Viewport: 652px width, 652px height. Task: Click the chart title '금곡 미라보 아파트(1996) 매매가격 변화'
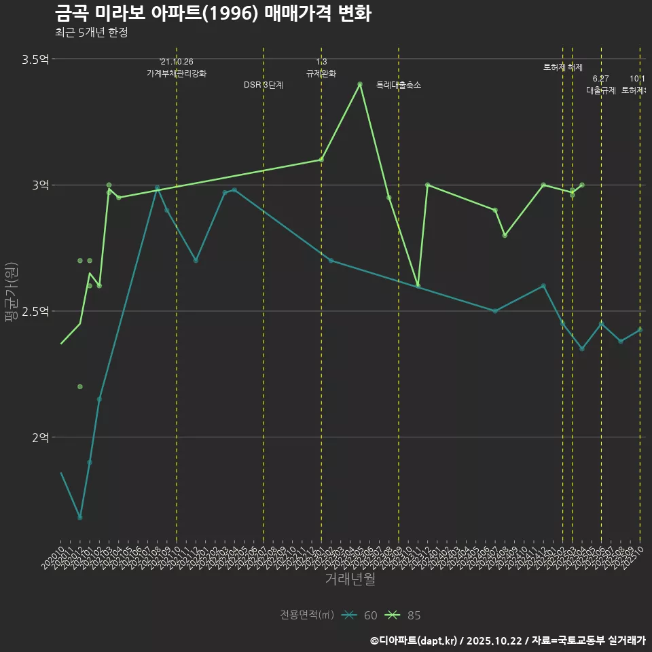coord(213,14)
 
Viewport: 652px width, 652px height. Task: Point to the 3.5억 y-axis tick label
coord(35,60)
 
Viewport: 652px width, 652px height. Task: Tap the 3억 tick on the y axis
coord(40,185)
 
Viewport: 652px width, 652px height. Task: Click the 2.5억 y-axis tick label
coord(35,311)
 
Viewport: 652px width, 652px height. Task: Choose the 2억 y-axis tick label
coord(40,437)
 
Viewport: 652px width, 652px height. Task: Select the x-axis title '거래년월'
coord(350,579)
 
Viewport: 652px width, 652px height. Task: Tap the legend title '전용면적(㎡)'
coord(307,615)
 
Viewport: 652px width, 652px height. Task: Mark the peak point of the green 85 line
coord(360,84)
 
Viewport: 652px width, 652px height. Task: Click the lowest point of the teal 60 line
coord(80,518)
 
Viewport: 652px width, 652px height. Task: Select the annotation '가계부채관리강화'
coord(177,73)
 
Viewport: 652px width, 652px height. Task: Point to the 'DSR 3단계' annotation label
coord(264,86)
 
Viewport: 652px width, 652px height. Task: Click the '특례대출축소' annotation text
coord(399,86)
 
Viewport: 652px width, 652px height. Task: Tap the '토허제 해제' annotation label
coord(563,67)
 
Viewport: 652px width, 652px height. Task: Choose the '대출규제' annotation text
coord(601,90)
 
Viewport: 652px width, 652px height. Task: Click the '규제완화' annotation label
coord(321,73)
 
